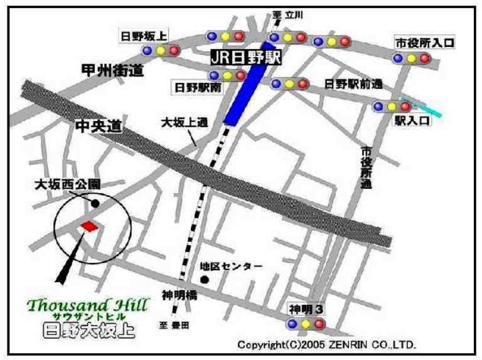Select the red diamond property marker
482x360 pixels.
89,226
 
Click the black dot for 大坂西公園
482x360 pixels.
95,203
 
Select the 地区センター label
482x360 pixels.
231,266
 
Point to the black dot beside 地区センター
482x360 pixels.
204,278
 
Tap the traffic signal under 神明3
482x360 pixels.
306,324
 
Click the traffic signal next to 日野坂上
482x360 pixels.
161,50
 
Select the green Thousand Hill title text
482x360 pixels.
88,305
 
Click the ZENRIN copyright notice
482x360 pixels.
326,345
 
